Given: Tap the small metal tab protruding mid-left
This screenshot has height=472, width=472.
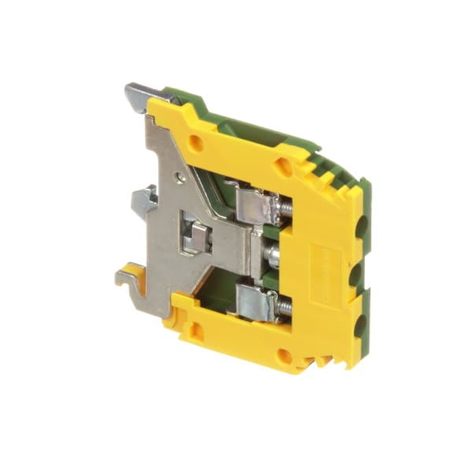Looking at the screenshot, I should coord(144,201).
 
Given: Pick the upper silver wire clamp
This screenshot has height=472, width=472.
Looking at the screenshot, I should coord(256,206).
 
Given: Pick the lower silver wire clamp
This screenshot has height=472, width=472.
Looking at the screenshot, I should coord(256,303).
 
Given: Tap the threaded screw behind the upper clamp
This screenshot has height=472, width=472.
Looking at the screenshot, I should coord(285,207).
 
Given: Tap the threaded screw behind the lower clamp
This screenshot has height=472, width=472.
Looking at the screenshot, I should coord(284,304).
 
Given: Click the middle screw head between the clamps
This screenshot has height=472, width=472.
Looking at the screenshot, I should coord(272,254).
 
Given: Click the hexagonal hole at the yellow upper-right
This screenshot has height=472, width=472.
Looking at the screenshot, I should coord(282,166).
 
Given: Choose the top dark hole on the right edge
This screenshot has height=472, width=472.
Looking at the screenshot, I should coord(363,228).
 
